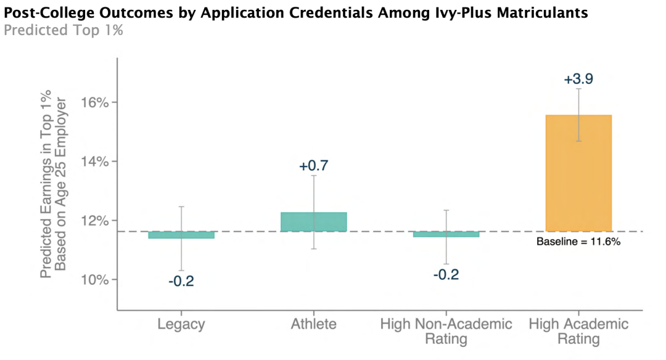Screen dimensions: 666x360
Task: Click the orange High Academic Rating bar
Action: (x=578, y=173)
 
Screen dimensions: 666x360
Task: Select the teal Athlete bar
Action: (x=313, y=221)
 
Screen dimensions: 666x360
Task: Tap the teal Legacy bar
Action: (x=181, y=235)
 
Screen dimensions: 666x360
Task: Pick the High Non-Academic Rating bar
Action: (x=446, y=234)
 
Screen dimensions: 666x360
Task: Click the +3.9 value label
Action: (x=578, y=79)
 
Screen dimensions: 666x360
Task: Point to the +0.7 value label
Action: (x=313, y=166)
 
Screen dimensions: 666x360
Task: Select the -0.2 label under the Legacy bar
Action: (x=181, y=281)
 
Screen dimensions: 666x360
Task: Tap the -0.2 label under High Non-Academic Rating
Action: (x=446, y=275)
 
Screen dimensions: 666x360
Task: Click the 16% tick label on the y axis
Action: (x=94, y=103)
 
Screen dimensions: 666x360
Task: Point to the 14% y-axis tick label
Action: (x=94, y=162)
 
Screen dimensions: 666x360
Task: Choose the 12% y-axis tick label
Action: (x=94, y=221)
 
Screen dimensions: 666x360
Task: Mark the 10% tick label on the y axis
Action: (x=94, y=280)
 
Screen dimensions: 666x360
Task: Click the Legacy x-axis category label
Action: (x=181, y=324)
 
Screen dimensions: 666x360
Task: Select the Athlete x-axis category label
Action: (x=313, y=324)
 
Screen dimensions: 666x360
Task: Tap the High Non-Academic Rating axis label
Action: (x=446, y=332)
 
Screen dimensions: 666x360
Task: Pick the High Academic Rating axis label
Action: (x=578, y=332)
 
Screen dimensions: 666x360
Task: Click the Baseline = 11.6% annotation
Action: (x=578, y=242)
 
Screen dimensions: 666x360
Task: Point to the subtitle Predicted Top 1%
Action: (x=64, y=30)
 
